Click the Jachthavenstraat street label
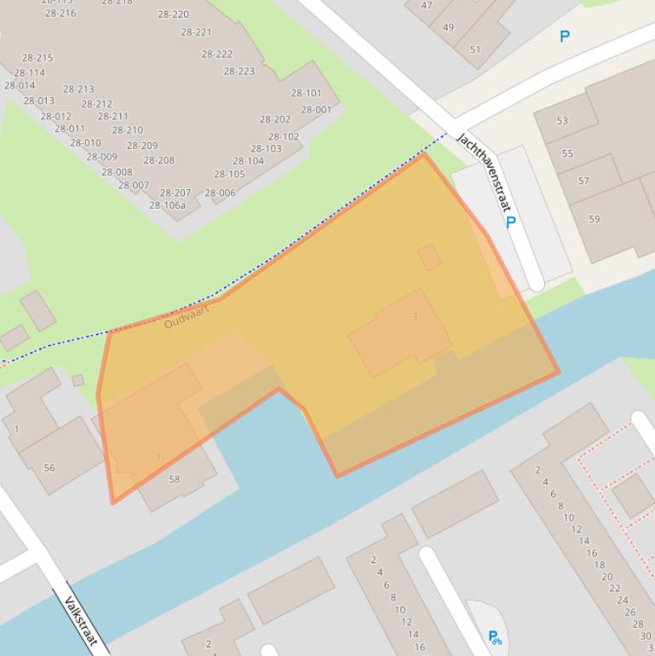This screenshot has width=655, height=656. [483, 173]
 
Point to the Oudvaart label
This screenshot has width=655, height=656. [186, 317]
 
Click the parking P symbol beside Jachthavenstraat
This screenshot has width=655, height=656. [510, 222]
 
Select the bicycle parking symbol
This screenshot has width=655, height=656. [494, 636]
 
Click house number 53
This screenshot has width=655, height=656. [562, 120]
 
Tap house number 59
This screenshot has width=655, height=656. [594, 219]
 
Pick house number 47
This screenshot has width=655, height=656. [427, 5]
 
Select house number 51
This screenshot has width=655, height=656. [474, 49]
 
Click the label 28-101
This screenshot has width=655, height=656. [306, 93]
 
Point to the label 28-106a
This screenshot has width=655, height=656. [167, 205]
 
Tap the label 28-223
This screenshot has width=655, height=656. [238, 72]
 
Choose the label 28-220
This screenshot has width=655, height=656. [173, 14]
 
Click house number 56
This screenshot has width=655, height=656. [49, 468]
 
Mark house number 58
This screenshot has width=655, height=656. [174, 479]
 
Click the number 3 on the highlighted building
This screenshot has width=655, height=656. [415, 317]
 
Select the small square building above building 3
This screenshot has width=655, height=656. [429, 257]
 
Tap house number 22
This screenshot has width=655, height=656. [614, 588]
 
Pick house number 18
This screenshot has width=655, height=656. [599, 564]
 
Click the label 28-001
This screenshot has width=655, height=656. [316, 110]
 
